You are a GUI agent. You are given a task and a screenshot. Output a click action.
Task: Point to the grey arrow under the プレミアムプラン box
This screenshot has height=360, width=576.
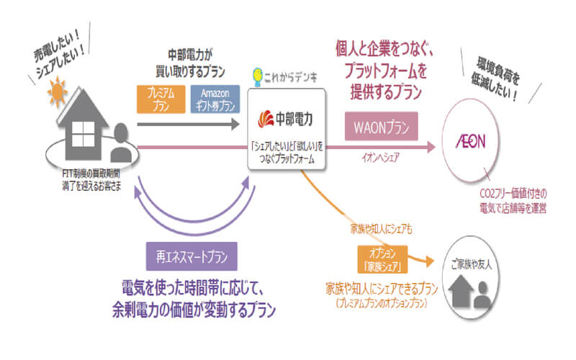(x=187, y=124)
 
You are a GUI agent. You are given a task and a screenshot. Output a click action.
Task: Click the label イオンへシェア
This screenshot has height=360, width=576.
(x=381, y=159)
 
